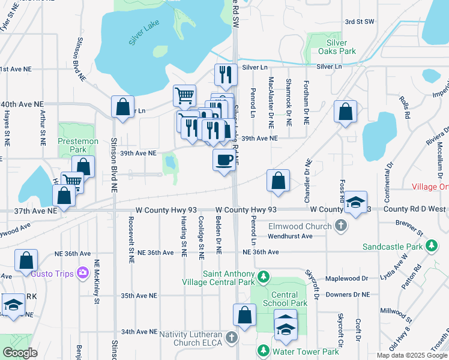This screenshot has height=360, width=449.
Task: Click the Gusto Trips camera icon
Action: [x=83, y=274]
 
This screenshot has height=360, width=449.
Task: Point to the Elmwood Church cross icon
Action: [x=341, y=226]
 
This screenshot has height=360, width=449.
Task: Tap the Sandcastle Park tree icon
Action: [x=431, y=246]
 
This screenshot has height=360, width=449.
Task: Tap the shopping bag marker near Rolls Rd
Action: [x=346, y=111]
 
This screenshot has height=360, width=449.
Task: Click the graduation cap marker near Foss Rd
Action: [x=355, y=202]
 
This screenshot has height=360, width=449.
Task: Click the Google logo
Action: [x=20, y=353]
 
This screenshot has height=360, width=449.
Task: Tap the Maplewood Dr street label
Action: [x=346, y=278]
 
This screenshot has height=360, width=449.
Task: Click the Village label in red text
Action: [x=430, y=187]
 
